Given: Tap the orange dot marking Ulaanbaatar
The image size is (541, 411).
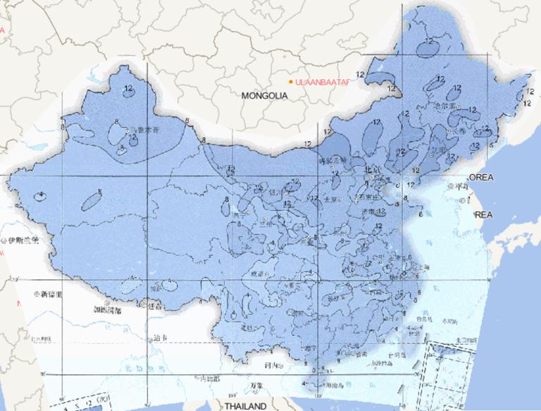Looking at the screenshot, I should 291,82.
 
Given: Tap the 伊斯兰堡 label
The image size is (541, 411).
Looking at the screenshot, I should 24,241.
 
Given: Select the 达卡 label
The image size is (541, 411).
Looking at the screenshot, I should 161,338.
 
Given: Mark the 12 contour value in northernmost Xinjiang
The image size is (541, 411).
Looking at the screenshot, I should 128,88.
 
